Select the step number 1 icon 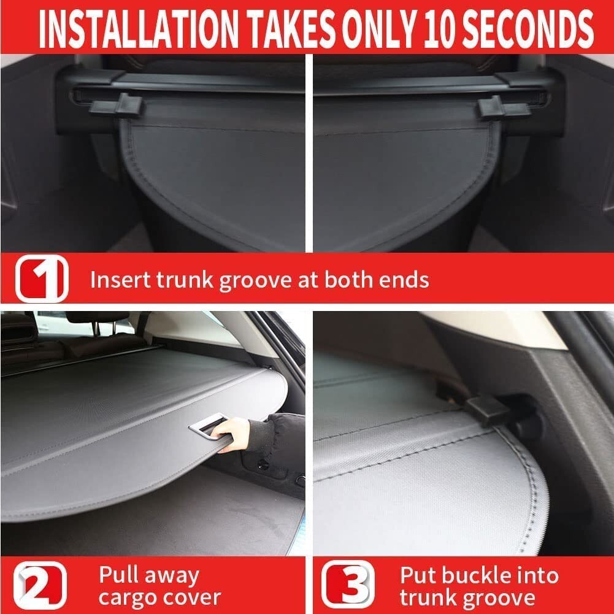(x=42, y=280)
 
